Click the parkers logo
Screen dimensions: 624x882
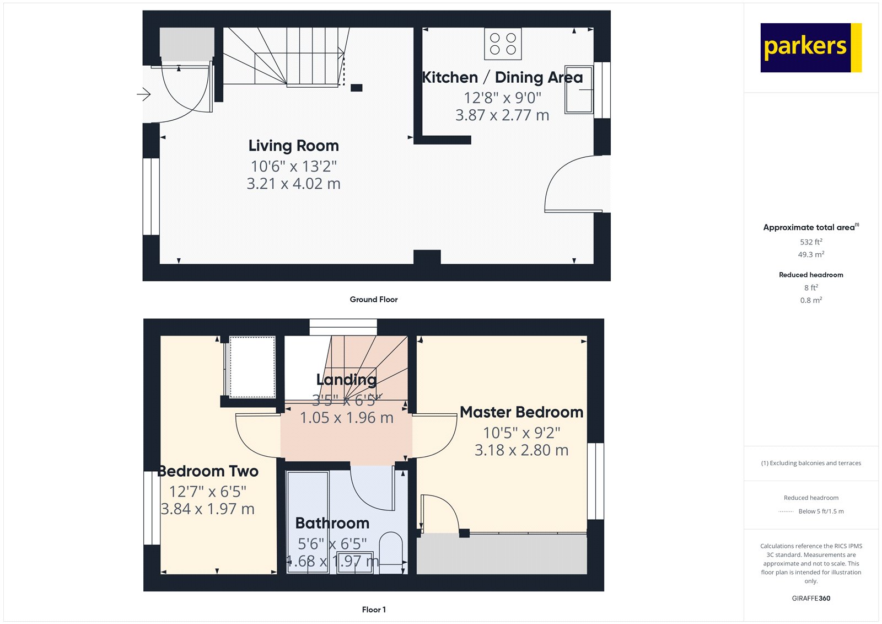[x=810, y=47]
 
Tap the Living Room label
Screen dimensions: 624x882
[x=293, y=146]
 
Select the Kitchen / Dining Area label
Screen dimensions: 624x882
[x=502, y=78]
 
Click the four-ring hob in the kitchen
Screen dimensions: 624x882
[x=503, y=44]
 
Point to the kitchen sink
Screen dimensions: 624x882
[x=578, y=89]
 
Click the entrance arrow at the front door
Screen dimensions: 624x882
[x=144, y=95]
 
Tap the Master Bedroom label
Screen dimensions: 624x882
[x=521, y=412]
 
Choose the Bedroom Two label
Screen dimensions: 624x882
[x=208, y=471]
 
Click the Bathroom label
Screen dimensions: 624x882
[x=332, y=523]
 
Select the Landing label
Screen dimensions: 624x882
[x=346, y=380]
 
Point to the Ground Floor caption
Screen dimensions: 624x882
[x=373, y=300]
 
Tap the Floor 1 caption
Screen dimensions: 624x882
[x=374, y=610]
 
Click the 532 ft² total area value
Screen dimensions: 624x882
[x=811, y=242]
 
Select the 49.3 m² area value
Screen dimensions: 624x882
[x=811, y=254]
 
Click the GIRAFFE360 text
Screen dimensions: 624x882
[x=811, y=598]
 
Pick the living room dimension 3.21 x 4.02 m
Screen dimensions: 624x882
[x=293, y=184]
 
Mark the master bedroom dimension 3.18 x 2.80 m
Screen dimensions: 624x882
[x=521, y=450]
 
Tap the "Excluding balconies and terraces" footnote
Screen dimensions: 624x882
[x=811, y=463]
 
